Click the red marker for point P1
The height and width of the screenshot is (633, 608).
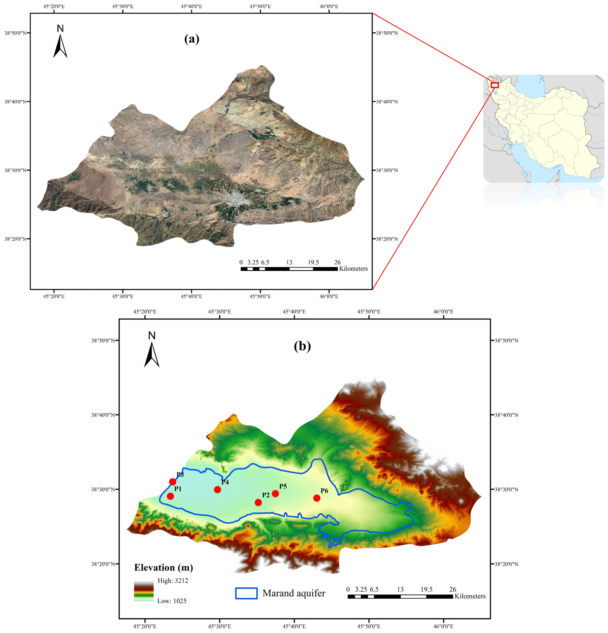tap(170, 496)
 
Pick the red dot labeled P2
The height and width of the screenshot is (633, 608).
tap(258, 502)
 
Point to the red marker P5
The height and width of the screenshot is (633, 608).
tap(275, 494)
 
